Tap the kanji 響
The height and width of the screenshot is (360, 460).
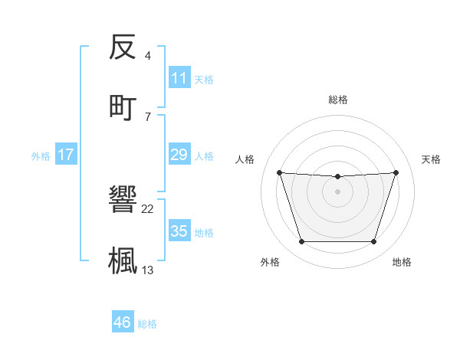(x=123, y=201)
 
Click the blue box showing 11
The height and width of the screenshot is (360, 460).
(x=179, y=77)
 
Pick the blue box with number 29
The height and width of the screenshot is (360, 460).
(x=179, y=155)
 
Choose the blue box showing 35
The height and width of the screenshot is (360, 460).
(x=179, y=231)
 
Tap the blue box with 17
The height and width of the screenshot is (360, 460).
(x=65, y=155)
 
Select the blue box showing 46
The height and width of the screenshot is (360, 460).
(x=122, y=322)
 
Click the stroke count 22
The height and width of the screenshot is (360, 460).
(x=148, y=209)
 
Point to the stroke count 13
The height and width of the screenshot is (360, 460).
(x=148, y=269)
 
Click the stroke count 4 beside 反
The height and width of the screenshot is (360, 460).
(x=147, y=56)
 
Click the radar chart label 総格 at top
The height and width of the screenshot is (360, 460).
(x=338, y=100)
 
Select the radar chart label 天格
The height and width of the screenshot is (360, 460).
(x=432, y=159)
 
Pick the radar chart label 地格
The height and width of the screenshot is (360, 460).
(x=402, y=262)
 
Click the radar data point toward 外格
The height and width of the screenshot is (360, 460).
(x=301, y=242)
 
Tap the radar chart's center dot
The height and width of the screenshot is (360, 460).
(x=338, y=191)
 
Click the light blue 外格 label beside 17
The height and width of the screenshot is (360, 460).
(x=41, y=155)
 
